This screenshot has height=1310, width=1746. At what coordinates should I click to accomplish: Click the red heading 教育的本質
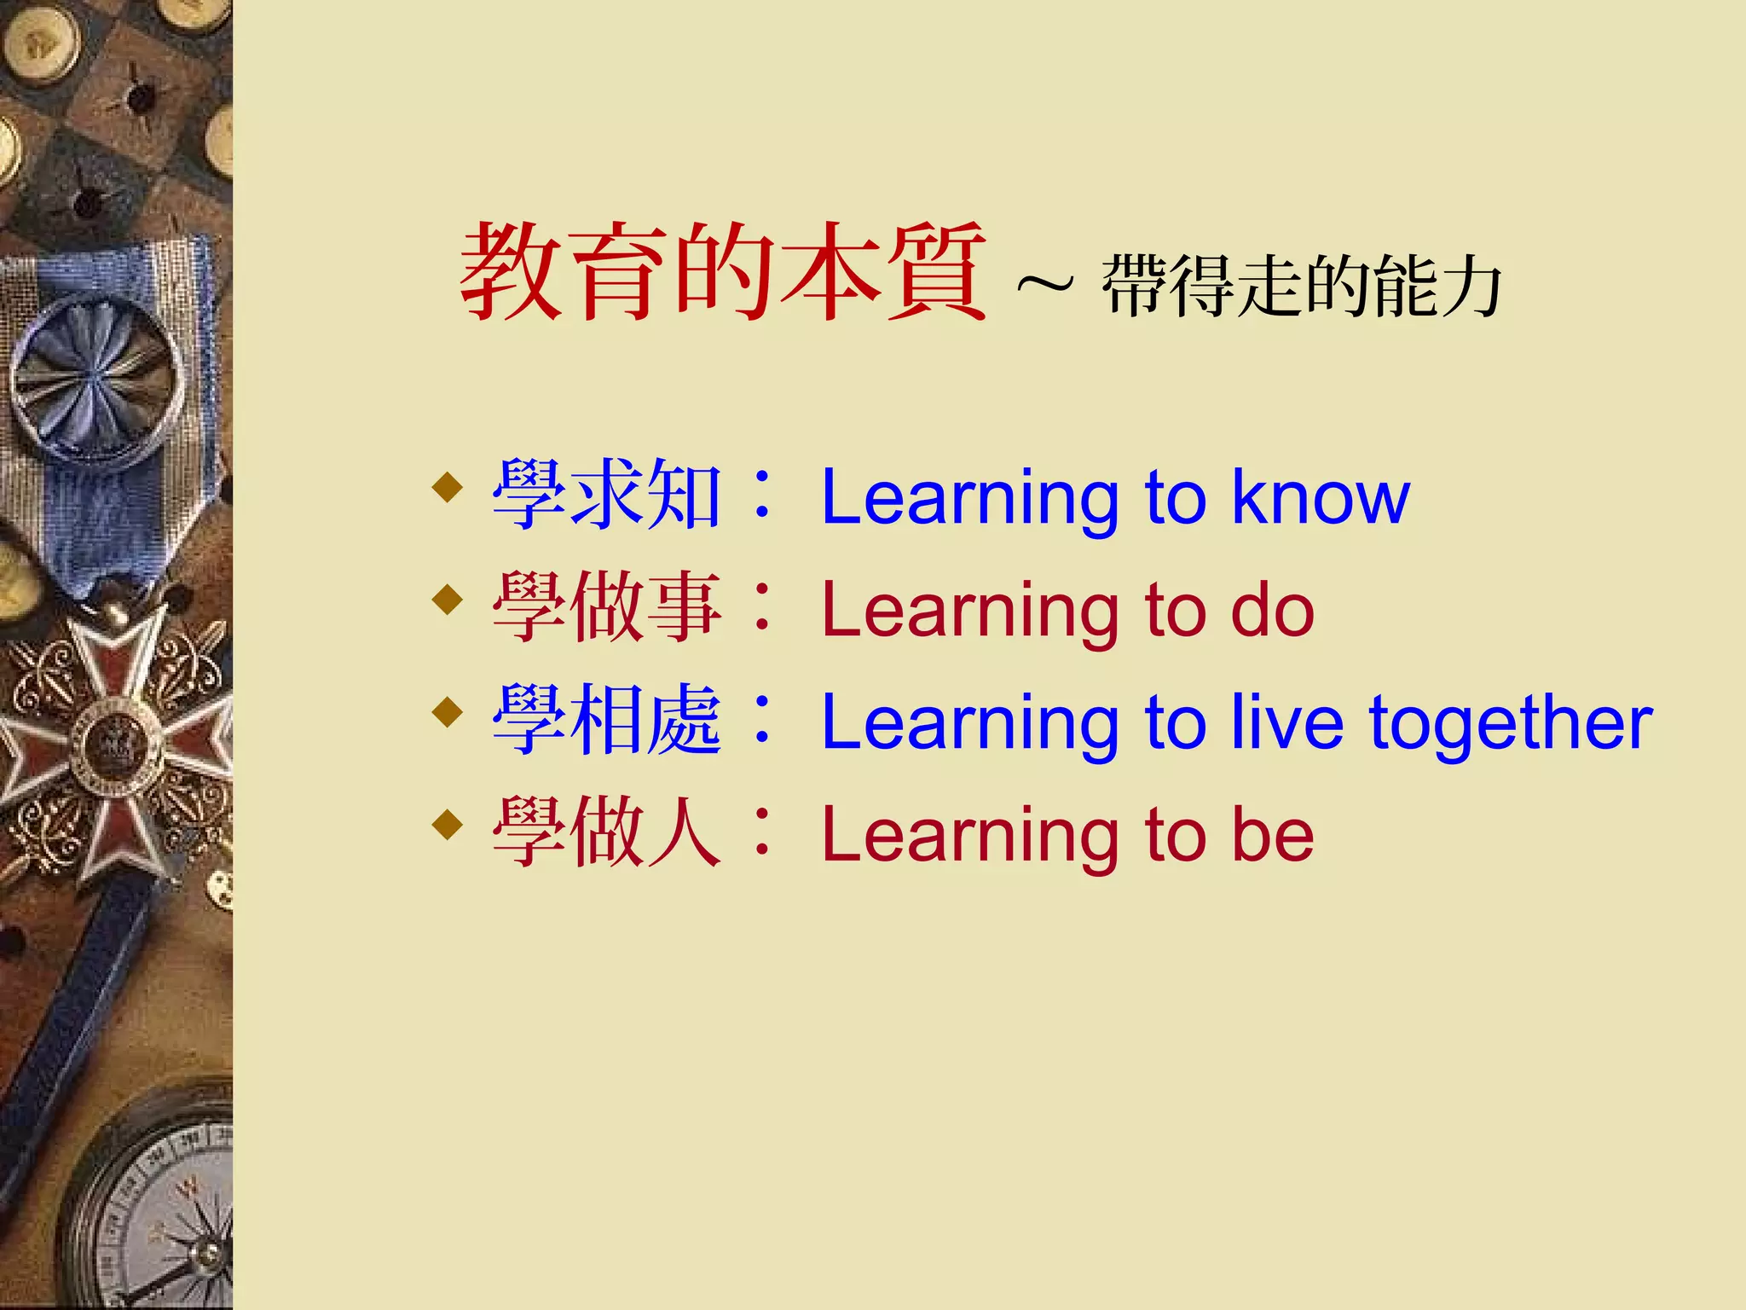[723, 271]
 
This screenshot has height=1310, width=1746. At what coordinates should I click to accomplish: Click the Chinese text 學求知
[607, 495]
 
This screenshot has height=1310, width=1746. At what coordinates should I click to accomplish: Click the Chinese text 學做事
[607, 607]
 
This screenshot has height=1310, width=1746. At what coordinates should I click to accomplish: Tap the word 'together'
[1510, 723]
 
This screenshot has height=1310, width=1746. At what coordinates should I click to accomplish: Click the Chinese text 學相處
[607, 721]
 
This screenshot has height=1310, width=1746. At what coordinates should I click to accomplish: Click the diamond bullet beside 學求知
[448, 488]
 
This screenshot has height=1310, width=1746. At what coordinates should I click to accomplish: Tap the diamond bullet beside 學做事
[448, 600]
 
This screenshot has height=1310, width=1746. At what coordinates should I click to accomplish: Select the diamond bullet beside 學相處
[448, 711]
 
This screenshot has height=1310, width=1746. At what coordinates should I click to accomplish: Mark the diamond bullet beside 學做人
[448, 825]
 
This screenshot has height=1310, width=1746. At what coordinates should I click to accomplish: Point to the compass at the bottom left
[162, 1211]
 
